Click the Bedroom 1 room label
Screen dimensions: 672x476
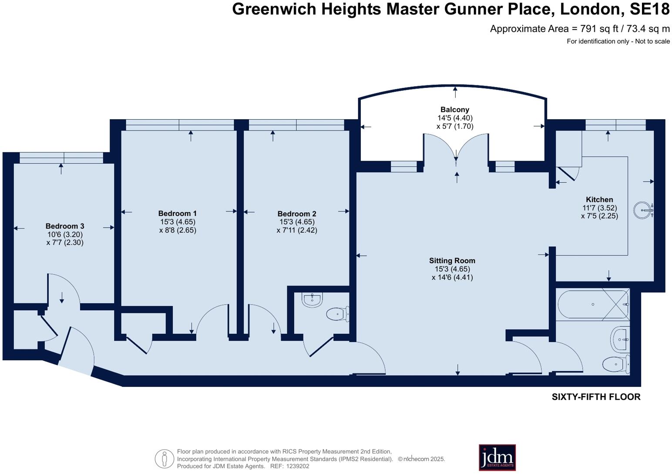[177, 214]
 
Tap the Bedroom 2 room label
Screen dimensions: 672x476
[297, 214]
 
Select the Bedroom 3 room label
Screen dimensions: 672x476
[65, 226]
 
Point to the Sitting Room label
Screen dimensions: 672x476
[452, 261]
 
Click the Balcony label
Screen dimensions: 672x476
[455, 110]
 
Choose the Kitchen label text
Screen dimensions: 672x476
[599, 199]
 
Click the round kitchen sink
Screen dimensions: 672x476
[643, 210]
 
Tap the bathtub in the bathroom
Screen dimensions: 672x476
[593, 305]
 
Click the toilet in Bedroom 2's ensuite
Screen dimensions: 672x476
[338, 314]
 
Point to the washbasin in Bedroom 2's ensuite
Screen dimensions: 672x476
[312, 300]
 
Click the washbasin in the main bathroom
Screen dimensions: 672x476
[620, 340]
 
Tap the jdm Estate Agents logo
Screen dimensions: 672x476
[497, 457]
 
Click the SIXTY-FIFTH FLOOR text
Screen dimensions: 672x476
[596, 397]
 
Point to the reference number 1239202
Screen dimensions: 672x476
[298, 466]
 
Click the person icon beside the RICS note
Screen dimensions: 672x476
[165, 459]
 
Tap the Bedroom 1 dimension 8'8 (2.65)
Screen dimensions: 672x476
[178, 230]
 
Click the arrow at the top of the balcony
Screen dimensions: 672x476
[455, 92]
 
